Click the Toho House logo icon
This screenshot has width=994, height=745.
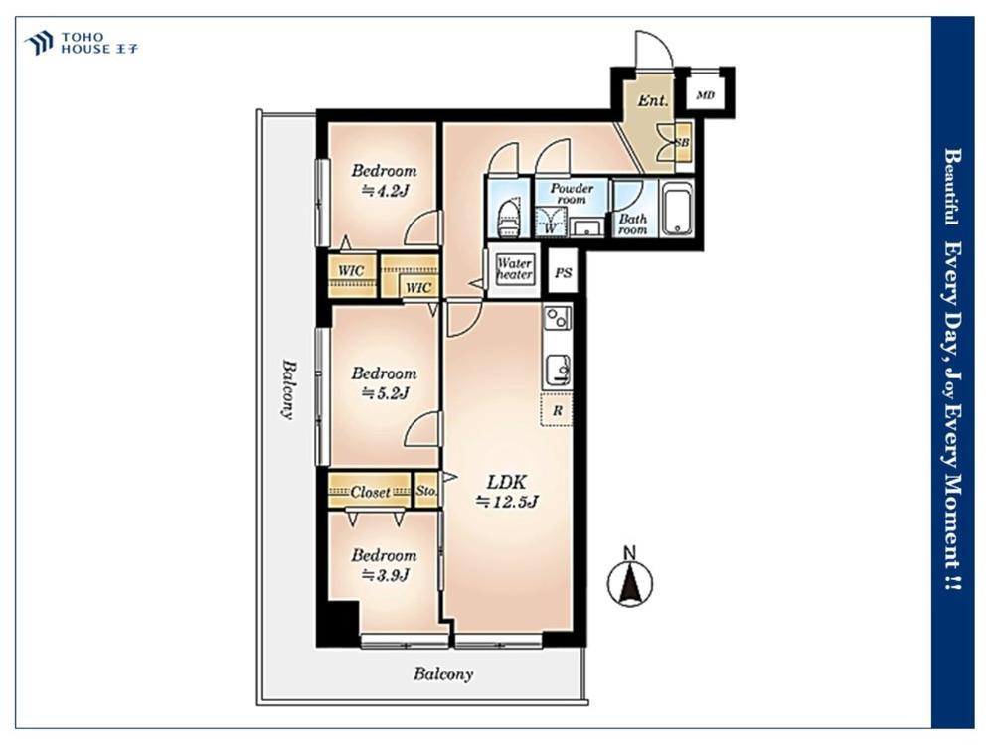click(39, 43)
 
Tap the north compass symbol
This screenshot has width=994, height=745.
click(630, 578)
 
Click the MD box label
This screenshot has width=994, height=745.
click(705, 95)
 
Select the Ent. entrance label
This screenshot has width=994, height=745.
click(652, 100)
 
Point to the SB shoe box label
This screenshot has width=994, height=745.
click(682, 143)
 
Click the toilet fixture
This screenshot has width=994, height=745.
click(509, 218)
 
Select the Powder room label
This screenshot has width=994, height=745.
click(572, 194)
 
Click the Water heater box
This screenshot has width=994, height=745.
click(514, 270)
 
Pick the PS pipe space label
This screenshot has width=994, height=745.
click(563, 273)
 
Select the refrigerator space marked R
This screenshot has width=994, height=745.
click(557, 410)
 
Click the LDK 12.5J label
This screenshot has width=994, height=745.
click(507, 492)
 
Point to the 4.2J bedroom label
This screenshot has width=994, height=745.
click(384, 180)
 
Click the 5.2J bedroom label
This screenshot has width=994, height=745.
click(384, 382)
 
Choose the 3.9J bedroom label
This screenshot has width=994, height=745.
click(384, 565)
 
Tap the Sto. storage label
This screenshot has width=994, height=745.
click(426, 491)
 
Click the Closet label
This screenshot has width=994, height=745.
click(370, 492)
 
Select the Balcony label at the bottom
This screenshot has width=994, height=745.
click(443, 674)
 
